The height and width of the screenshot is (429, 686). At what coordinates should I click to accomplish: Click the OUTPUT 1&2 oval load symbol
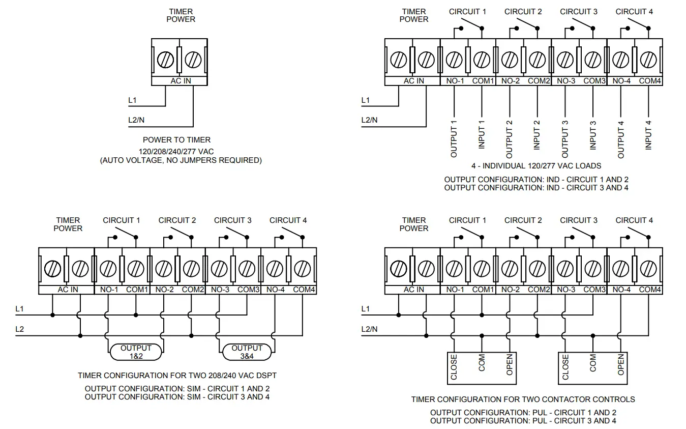[x=136, y=352]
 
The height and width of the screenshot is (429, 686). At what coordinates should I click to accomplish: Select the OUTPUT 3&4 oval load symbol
[x=247, y=352]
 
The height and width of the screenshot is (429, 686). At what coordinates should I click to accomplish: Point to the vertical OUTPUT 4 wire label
[x=620, y=139]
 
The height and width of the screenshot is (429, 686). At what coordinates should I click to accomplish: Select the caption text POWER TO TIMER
[x=176, y=140]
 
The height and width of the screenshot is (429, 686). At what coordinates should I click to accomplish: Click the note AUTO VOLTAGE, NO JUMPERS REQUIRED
[x=181, y=160]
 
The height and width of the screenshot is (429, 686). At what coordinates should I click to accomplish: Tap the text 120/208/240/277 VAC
[x=176, y=152]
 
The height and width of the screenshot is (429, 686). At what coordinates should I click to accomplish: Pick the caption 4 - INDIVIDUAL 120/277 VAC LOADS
[x=536, y=166]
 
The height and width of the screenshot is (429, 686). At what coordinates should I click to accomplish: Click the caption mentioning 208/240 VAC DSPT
[x=177, y=376]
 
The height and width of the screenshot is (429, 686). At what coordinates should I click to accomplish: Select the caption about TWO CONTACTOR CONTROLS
[x=523, y=399]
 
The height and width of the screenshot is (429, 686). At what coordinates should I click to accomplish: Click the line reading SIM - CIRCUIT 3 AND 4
[x=177, y=397]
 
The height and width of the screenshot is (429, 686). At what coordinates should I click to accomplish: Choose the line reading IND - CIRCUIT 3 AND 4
[x=536, y=187]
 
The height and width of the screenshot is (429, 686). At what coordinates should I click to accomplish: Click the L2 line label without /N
[x=20, y=329]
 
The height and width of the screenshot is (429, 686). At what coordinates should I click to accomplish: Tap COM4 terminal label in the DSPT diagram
[x=304, y=290]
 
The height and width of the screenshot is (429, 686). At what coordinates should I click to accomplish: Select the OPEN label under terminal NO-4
[x=620, y=364]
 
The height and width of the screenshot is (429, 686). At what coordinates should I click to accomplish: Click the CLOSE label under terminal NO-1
[x=454, y=367]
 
